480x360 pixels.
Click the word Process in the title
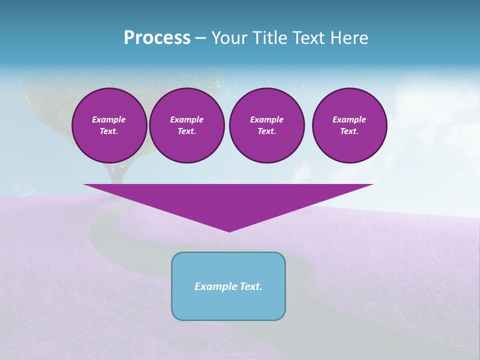click(x=157, y=38)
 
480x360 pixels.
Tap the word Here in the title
click(x=348, y=38)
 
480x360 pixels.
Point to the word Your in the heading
click(x=230, y=38)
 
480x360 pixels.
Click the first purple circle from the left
click(x=109, y=125)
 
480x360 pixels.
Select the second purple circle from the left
click(x=186, y=125)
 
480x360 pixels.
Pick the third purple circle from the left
click(x=266, y=125)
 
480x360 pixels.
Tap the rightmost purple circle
click(x=349, y=125)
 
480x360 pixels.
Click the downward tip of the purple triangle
click(x=229, y=230)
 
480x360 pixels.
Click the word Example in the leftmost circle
click(x=109, y=119)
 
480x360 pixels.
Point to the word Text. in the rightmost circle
click(x=349, y=131)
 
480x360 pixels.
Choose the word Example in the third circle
click(x=266, y=119)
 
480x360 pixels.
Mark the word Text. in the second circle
click(x=186, y=131)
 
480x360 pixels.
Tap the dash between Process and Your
click(x=200, y=38)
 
